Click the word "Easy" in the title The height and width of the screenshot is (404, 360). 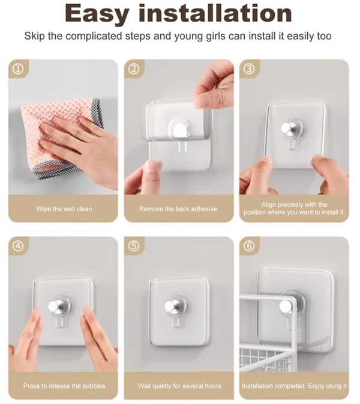point(97,14)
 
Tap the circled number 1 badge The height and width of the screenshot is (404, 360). point(19,69)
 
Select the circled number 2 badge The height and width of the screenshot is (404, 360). point(134,69)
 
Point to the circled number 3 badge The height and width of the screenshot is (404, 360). point(249,69)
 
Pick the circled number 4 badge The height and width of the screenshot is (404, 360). point(19,246)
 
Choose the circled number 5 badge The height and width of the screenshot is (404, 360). point(134,246)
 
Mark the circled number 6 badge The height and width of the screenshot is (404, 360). point(249,246)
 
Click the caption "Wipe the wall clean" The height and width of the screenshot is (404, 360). point(64,209)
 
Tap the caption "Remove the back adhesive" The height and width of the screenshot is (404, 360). point(178,209)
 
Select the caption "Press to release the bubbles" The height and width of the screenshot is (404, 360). point(64,385)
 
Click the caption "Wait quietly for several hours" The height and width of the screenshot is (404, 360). point(179,385)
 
